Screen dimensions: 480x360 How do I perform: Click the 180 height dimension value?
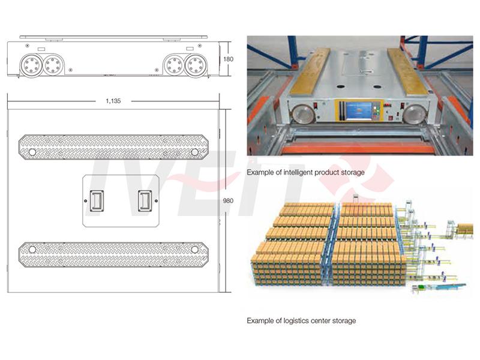[228, 59]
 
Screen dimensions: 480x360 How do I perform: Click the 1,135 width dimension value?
[113, 101]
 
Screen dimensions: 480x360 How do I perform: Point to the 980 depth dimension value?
[228, 201]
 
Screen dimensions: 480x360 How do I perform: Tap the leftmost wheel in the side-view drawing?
[31, 65]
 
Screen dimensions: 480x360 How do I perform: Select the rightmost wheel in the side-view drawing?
[196, 65]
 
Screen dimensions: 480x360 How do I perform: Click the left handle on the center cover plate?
[97, 201]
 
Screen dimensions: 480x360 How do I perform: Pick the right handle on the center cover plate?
[145, 201]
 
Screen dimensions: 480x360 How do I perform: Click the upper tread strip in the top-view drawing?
[113, 147]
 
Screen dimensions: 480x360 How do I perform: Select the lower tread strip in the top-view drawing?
[113, 254]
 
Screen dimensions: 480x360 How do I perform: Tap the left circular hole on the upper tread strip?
[32, 152]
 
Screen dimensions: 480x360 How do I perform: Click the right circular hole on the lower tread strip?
[194, 250]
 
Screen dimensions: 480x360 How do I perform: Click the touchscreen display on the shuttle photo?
[359, 110]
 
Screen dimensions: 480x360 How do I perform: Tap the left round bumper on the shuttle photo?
[303, 114]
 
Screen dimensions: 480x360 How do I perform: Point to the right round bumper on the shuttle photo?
[414, 114]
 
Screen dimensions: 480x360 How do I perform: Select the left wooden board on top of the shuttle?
[310, 71]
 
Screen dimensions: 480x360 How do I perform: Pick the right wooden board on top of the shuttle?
[408, 71]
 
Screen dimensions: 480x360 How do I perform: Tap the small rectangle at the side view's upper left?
[41, 49]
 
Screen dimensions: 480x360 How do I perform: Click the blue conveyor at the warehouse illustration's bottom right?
[451, 287]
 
